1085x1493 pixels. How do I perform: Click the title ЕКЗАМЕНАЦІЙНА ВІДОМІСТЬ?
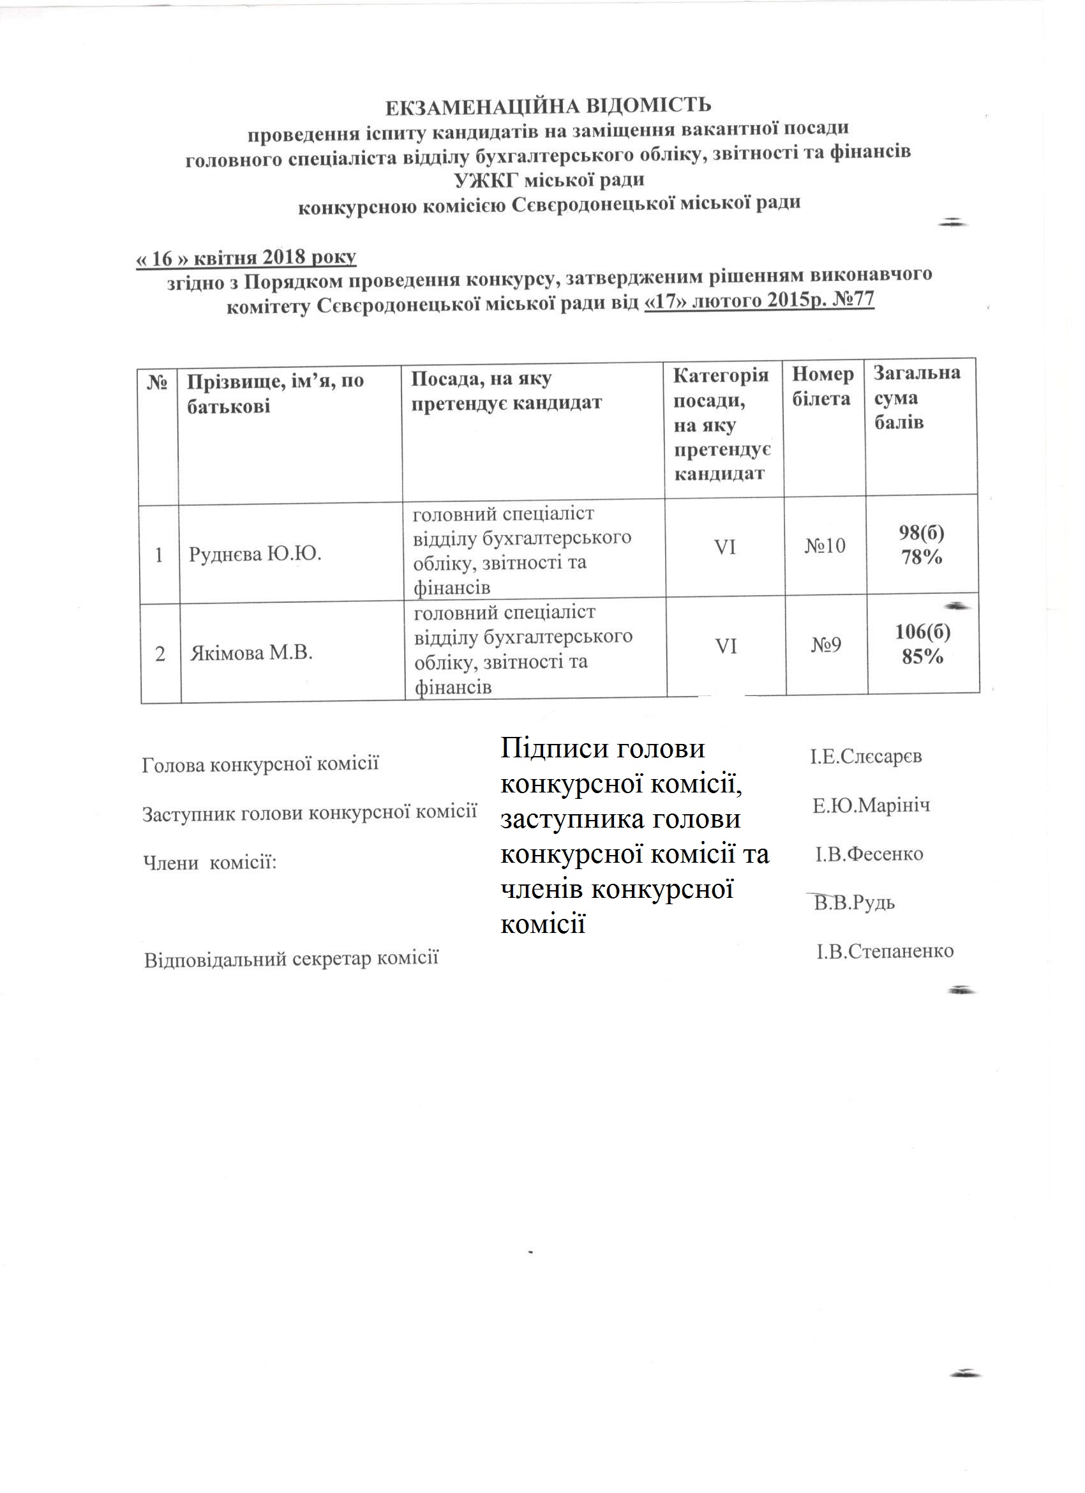(x=548, y=106)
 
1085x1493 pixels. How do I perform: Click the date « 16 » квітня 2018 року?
(x=246, y=257)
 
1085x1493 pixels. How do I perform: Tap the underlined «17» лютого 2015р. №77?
(x=759, y=301)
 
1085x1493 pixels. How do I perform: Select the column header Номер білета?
(x=823, y=386)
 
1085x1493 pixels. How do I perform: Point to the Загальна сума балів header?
(x=917, y=398)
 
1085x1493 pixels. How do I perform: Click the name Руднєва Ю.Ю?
(x=255, y=554)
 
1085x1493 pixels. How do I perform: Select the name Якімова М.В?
(x=251, y=653)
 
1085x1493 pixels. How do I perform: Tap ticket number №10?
(x=825, y=546)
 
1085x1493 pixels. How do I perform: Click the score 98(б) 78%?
(x=921, y=545)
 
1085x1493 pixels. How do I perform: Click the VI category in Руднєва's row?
(x=724, y=547)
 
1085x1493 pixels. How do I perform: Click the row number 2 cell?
(x=160, y=655)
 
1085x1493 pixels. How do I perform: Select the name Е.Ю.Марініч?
(x=871, y=806)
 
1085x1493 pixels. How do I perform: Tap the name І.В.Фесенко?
(x=869, y=854)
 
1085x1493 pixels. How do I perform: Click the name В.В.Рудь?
(x=854, y=902)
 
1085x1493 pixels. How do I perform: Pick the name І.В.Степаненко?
(x=885, y=951)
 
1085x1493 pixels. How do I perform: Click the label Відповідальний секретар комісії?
(x=291, y=958)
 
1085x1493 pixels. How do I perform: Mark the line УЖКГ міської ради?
(x=549, y=179)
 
